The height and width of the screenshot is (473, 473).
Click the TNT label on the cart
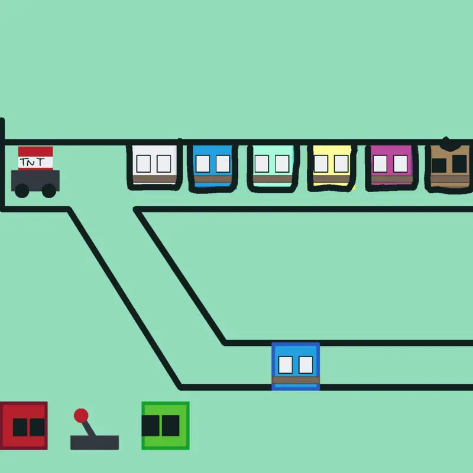click(33, 162)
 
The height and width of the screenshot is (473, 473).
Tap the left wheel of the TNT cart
click(22, 190)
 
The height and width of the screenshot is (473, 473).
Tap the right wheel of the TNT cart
click(49, 190)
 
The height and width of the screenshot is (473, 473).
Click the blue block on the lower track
click(296, 366)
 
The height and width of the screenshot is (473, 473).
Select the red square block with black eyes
click(24, 426)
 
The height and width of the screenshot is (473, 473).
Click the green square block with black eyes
click(166, 426)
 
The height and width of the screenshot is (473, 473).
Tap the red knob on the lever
click(81, 416)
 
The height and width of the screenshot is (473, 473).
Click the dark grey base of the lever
click(95, 442)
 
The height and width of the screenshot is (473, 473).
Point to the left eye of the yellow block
click(321, 164)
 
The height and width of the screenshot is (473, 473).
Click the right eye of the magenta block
click(401, 164)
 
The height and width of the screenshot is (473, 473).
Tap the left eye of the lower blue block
click(286, 365)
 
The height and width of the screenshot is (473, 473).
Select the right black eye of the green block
click(171, 426)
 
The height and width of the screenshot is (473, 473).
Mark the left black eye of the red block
click(20, 427)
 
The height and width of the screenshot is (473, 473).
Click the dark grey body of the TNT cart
click(35, 180)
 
